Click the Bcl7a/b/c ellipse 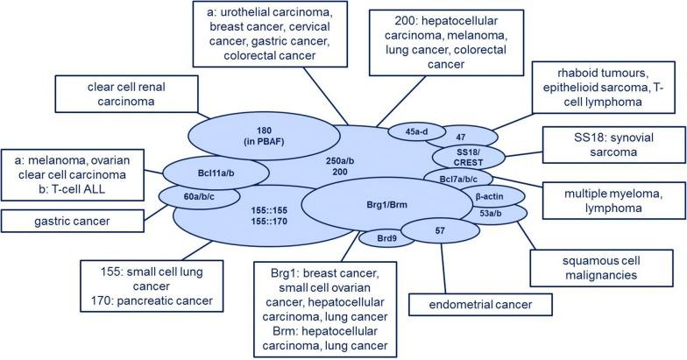click(x=462, y=178)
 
